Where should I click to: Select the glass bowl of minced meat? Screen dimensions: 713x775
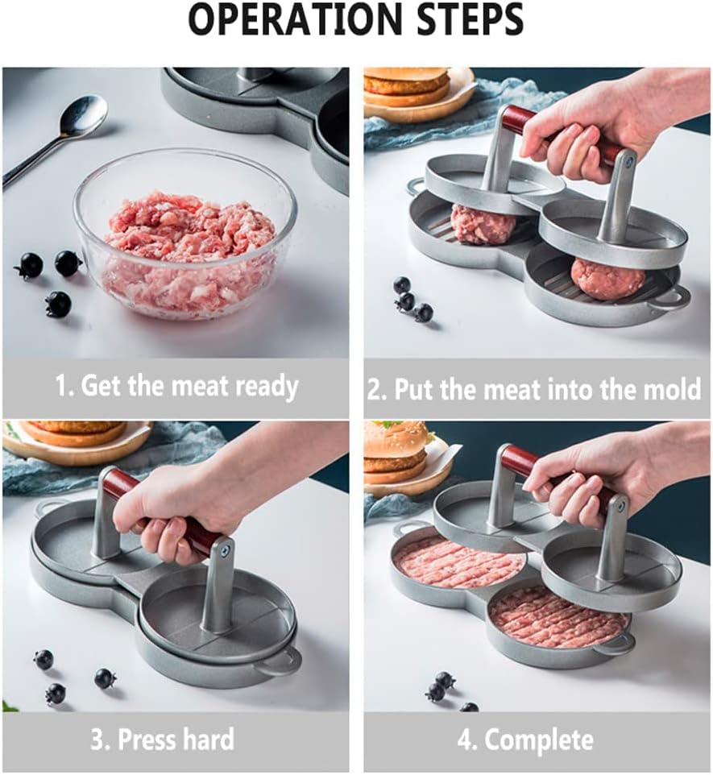click(x=185, y=237)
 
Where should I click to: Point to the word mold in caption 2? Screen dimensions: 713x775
click(x=674, y=388)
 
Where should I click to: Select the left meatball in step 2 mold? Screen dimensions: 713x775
click(x=483, y=224)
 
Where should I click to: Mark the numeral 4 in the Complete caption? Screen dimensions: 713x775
click(x=464, y=740)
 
